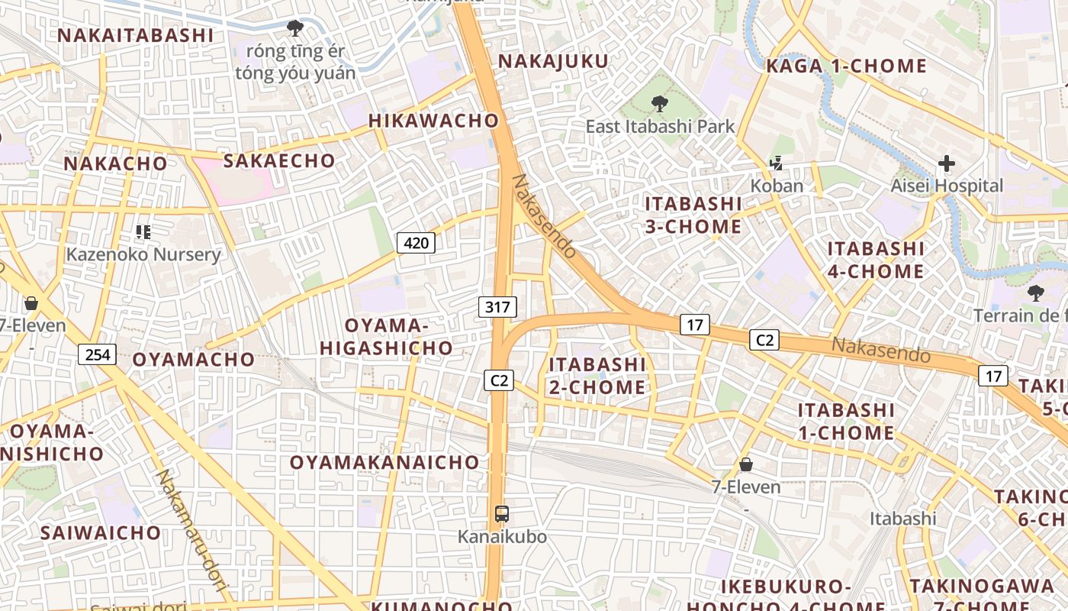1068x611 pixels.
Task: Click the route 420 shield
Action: point(416,244)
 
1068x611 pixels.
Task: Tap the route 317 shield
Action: point(497,307)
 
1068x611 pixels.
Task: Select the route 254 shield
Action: point(97,354)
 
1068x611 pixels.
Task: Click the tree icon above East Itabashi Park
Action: point(659,103)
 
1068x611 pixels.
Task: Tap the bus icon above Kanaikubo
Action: point(501,514)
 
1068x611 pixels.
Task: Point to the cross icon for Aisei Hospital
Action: point(947,163)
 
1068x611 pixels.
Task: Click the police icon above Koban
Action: point(777,163)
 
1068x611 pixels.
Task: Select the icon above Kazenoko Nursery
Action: point(143,231)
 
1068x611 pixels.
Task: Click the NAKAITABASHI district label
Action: point(136,35)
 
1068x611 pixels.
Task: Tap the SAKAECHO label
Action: point(278,160)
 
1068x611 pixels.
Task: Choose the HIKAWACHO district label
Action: point(433,121)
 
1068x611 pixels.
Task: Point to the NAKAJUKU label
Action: point(553,61)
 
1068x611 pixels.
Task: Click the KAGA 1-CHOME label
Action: point(846,66)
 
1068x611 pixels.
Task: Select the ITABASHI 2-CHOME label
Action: point(597,376)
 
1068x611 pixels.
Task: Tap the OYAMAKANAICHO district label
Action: point(384,462)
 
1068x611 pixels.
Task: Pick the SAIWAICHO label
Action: point(101,532)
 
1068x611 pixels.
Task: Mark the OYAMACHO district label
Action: point(194,359)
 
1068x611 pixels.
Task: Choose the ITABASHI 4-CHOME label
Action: point(876,260)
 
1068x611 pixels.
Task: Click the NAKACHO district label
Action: point(115,163)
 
